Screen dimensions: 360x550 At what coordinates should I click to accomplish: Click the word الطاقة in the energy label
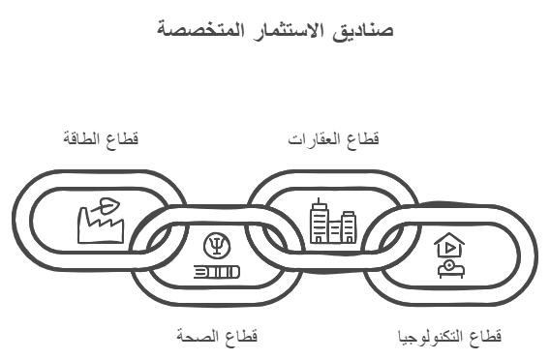[x=81, y=139]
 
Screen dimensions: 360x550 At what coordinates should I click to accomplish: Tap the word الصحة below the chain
[x=194, y=337]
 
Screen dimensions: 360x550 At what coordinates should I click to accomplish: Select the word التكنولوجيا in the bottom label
[x=432, y=337]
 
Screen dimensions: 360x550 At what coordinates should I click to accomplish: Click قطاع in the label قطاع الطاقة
[x=123, y=139]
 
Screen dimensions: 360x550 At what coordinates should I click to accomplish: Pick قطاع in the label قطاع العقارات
[x=364, y=139]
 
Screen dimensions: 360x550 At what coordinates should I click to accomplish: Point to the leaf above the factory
[x=108, y=204]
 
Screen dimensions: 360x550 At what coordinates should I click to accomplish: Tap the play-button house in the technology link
[x=448, y=246]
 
